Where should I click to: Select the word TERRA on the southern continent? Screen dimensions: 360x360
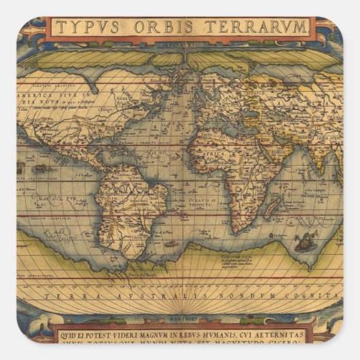[x=65, y=297]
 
